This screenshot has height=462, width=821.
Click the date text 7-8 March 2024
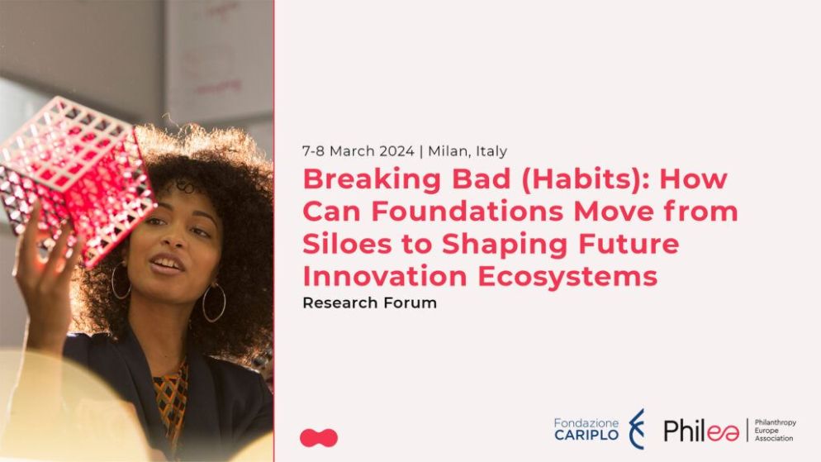click(x=358, y=151)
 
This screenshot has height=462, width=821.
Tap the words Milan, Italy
click(x=467, y=151)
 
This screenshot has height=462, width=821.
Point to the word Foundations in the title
click(x=467, y=211)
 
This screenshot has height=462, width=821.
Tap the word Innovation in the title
click(x=385, y=276)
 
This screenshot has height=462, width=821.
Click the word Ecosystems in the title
click(x=567, y=277)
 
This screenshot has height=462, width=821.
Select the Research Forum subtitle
click(x=370, y=302)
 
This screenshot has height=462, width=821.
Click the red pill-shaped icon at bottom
click(x=319, y=438)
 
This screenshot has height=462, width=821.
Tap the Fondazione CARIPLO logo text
click(x=586, y=429)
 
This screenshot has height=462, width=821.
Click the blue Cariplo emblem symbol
click(x=637, y=430)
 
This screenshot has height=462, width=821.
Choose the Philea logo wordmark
click(x=701, y=431)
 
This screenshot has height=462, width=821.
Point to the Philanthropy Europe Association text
click(x=775, y=430)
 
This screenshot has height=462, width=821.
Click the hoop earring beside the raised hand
click(x=120, y=281)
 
